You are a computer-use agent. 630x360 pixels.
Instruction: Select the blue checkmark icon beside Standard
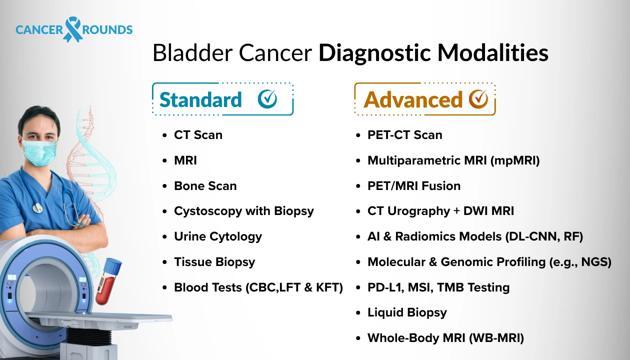tap(267, 99)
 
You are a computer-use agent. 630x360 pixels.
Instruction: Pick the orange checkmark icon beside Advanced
tap(478, 99)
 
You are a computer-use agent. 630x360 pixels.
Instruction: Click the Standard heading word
tap(200, 99)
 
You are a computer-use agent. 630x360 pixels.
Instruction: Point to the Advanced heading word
tap(413, 99)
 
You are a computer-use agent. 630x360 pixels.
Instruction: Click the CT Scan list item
tap(198, 135)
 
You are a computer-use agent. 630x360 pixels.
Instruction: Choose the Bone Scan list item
tap(205, 186)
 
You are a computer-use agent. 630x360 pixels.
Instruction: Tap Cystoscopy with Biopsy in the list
tap(243, 211)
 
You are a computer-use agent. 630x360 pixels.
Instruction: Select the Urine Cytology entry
tap(217, 236)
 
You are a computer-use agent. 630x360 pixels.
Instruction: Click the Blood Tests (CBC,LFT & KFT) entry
tap(258, 287)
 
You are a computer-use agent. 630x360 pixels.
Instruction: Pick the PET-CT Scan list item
tap(404, 135)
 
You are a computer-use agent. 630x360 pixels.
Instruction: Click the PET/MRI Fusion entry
tap(413, 186)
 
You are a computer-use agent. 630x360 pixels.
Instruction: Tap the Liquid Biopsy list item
tap(406, 312)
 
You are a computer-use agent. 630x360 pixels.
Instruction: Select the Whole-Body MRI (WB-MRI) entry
tap(445, 338)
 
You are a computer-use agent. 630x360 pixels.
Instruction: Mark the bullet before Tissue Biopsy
tap(165, 262)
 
